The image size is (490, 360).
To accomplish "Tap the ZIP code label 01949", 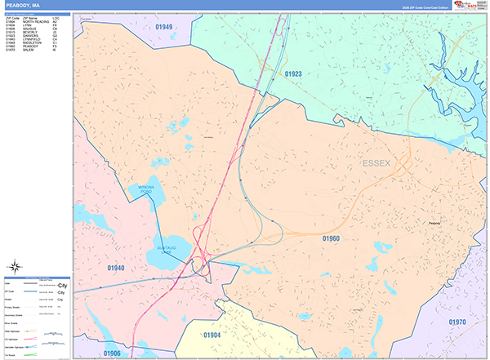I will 163,28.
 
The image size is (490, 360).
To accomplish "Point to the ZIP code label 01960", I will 330,238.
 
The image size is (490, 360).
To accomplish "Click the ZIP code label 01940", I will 115,267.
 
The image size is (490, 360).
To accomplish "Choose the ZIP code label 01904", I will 212,336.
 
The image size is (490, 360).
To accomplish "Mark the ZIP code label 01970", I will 457,322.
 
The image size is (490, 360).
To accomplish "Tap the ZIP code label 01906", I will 112,353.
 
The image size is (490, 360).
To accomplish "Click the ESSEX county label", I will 376,165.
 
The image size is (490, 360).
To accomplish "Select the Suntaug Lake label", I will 167,249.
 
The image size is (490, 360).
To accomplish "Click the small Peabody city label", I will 434,221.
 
